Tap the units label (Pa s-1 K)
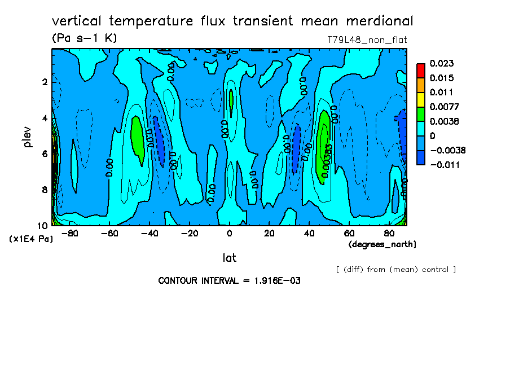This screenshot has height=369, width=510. pyautogui.click(x=84, y=38)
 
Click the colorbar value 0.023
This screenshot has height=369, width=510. pyautogui.click(x=441, y=63)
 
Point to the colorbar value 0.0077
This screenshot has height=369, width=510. pyautogui.click(x=443, y=107)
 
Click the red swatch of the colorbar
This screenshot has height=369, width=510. pyautogui.click(x=421, y=70)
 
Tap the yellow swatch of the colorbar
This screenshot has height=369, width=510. pyautogui.click(x=421, y=99)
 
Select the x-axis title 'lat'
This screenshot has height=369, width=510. pyautogui.click(x=229, y=258)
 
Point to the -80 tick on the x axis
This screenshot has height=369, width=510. pyautogui.click(x=69, y=233)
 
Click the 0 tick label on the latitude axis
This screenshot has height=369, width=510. pyautogui.click(x=229, y=233)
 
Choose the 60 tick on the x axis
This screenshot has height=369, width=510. pyautogui.click(x=349, y=233)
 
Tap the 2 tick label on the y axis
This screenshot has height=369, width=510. pyautogui.click(x=45, y=82)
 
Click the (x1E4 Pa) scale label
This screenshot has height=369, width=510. pyautogui.click(x=31, y=239)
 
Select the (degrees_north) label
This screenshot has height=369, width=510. pyautogui.click(x=383, y=244)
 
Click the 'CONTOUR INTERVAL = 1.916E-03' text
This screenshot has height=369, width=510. pyautogui.click(x=229, y=280)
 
